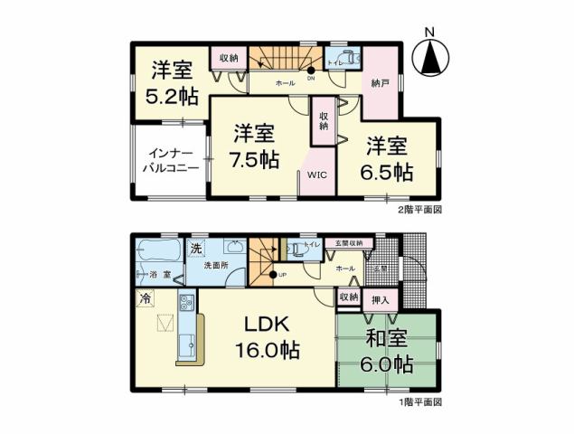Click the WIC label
tap(317, 175)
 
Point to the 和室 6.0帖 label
tap(390, 353)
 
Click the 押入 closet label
tap(381, 299)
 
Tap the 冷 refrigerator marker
tap(145, 297)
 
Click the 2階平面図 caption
tap(419, 209)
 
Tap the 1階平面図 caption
tap(419, 401)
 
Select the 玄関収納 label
tap(348, 243)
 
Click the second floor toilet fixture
tap(353, 60)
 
